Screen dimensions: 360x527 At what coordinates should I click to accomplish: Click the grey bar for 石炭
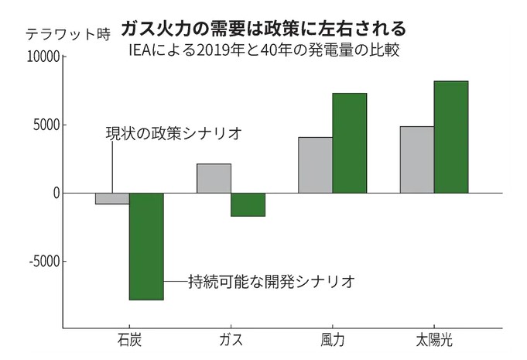pos(112,198)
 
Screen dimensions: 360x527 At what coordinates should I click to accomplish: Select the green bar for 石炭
pos(146,246)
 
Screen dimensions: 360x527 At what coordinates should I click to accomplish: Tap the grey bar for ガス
pos(214,178)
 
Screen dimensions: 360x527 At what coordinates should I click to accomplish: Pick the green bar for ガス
pos(248,204)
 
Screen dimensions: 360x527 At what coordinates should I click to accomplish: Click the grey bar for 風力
pos(316,165)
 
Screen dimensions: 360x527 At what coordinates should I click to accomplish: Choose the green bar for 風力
pos(349,143)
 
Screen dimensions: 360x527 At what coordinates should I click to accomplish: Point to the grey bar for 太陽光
pos(417,159)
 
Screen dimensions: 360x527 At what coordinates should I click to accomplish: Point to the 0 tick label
pos(56,193)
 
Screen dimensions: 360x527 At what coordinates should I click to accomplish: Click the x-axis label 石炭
pos(129,341)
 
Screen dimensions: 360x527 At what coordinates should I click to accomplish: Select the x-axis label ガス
pos(231,341)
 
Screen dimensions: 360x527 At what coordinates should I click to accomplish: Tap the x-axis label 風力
pos(332,341)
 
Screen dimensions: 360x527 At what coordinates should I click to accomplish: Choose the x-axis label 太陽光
pos(434,341)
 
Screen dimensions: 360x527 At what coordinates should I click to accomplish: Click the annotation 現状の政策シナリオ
pos(173,133)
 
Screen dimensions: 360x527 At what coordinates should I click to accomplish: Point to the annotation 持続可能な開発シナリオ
pos(272,281)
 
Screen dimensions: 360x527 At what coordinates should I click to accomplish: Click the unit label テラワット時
pos(68,33)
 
